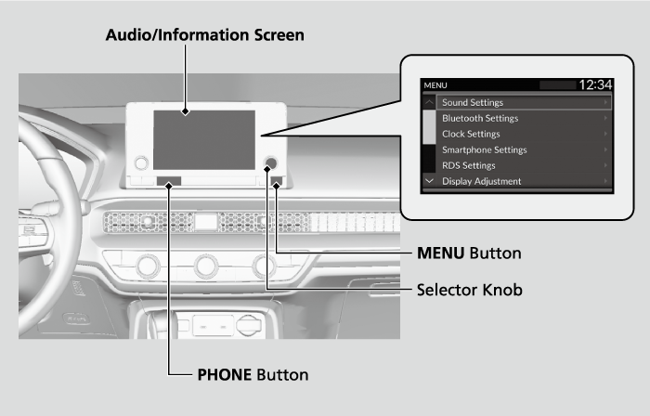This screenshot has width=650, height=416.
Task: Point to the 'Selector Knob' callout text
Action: click(x=469, y=290)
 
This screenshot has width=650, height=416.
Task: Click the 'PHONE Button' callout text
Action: click(x=253, y=375)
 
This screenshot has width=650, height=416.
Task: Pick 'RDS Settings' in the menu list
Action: click(x=469, y=165)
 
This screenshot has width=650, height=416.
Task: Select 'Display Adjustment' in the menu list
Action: click(x=481, y=181)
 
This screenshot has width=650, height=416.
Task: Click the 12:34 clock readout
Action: click(x=594, y=84)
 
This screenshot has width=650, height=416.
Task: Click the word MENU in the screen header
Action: click(x=435, y=85)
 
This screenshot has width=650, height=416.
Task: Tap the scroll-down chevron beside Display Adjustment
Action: click(x=429, y=180)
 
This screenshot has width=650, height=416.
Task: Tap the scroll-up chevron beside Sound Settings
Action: click(x=429, y=100)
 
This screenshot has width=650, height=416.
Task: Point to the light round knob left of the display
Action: click(x=141, y=163)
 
